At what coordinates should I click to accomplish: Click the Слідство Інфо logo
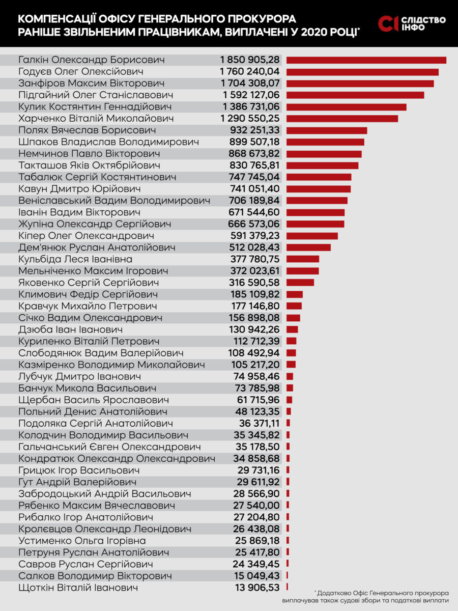412,23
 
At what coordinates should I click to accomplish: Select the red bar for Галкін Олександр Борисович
366,60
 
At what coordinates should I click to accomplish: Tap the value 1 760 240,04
250,72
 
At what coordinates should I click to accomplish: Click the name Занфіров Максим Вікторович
91,84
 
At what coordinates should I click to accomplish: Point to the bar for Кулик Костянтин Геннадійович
346,107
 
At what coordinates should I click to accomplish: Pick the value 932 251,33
254,130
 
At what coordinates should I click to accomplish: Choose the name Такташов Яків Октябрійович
89,165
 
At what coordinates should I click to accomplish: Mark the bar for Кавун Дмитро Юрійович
318,189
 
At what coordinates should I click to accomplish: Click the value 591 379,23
254,236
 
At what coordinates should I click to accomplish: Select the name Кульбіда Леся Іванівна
75,259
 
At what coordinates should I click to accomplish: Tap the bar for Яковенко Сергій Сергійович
300,283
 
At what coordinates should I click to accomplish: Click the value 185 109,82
254,294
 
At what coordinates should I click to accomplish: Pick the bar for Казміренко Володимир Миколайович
291,365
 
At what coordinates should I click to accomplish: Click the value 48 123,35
260,411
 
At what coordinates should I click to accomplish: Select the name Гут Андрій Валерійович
77,482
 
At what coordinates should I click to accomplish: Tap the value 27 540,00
260,505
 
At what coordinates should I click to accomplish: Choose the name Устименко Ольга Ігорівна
82,540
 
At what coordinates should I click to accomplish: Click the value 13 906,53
260,587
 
